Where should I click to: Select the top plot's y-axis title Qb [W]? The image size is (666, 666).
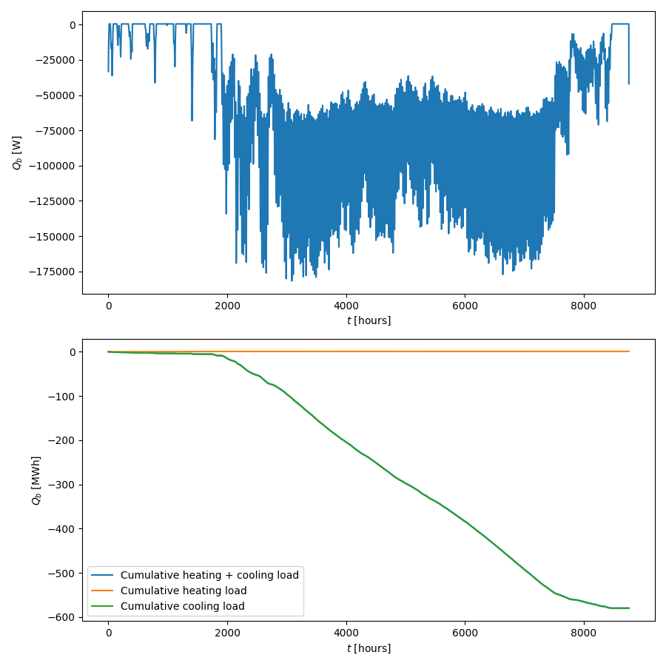point(17,152)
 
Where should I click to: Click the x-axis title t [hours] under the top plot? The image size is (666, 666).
point(369,320)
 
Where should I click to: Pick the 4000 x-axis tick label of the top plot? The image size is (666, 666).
point(346,305)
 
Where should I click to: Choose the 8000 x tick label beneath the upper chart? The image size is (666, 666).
point(584,305)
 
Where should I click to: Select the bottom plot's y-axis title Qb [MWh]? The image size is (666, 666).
point(36,480)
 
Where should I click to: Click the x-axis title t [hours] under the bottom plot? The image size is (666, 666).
point(369,648)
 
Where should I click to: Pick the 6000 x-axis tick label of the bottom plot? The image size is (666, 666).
point(465,633)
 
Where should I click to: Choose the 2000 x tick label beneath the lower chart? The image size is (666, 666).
point(227,633)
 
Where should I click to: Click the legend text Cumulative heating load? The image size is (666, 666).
point(184,591)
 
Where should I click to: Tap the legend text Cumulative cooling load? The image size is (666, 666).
point(182,606)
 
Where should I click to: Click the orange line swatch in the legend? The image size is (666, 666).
point(103,591)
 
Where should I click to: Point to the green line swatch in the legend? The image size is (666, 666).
point(103,606)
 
